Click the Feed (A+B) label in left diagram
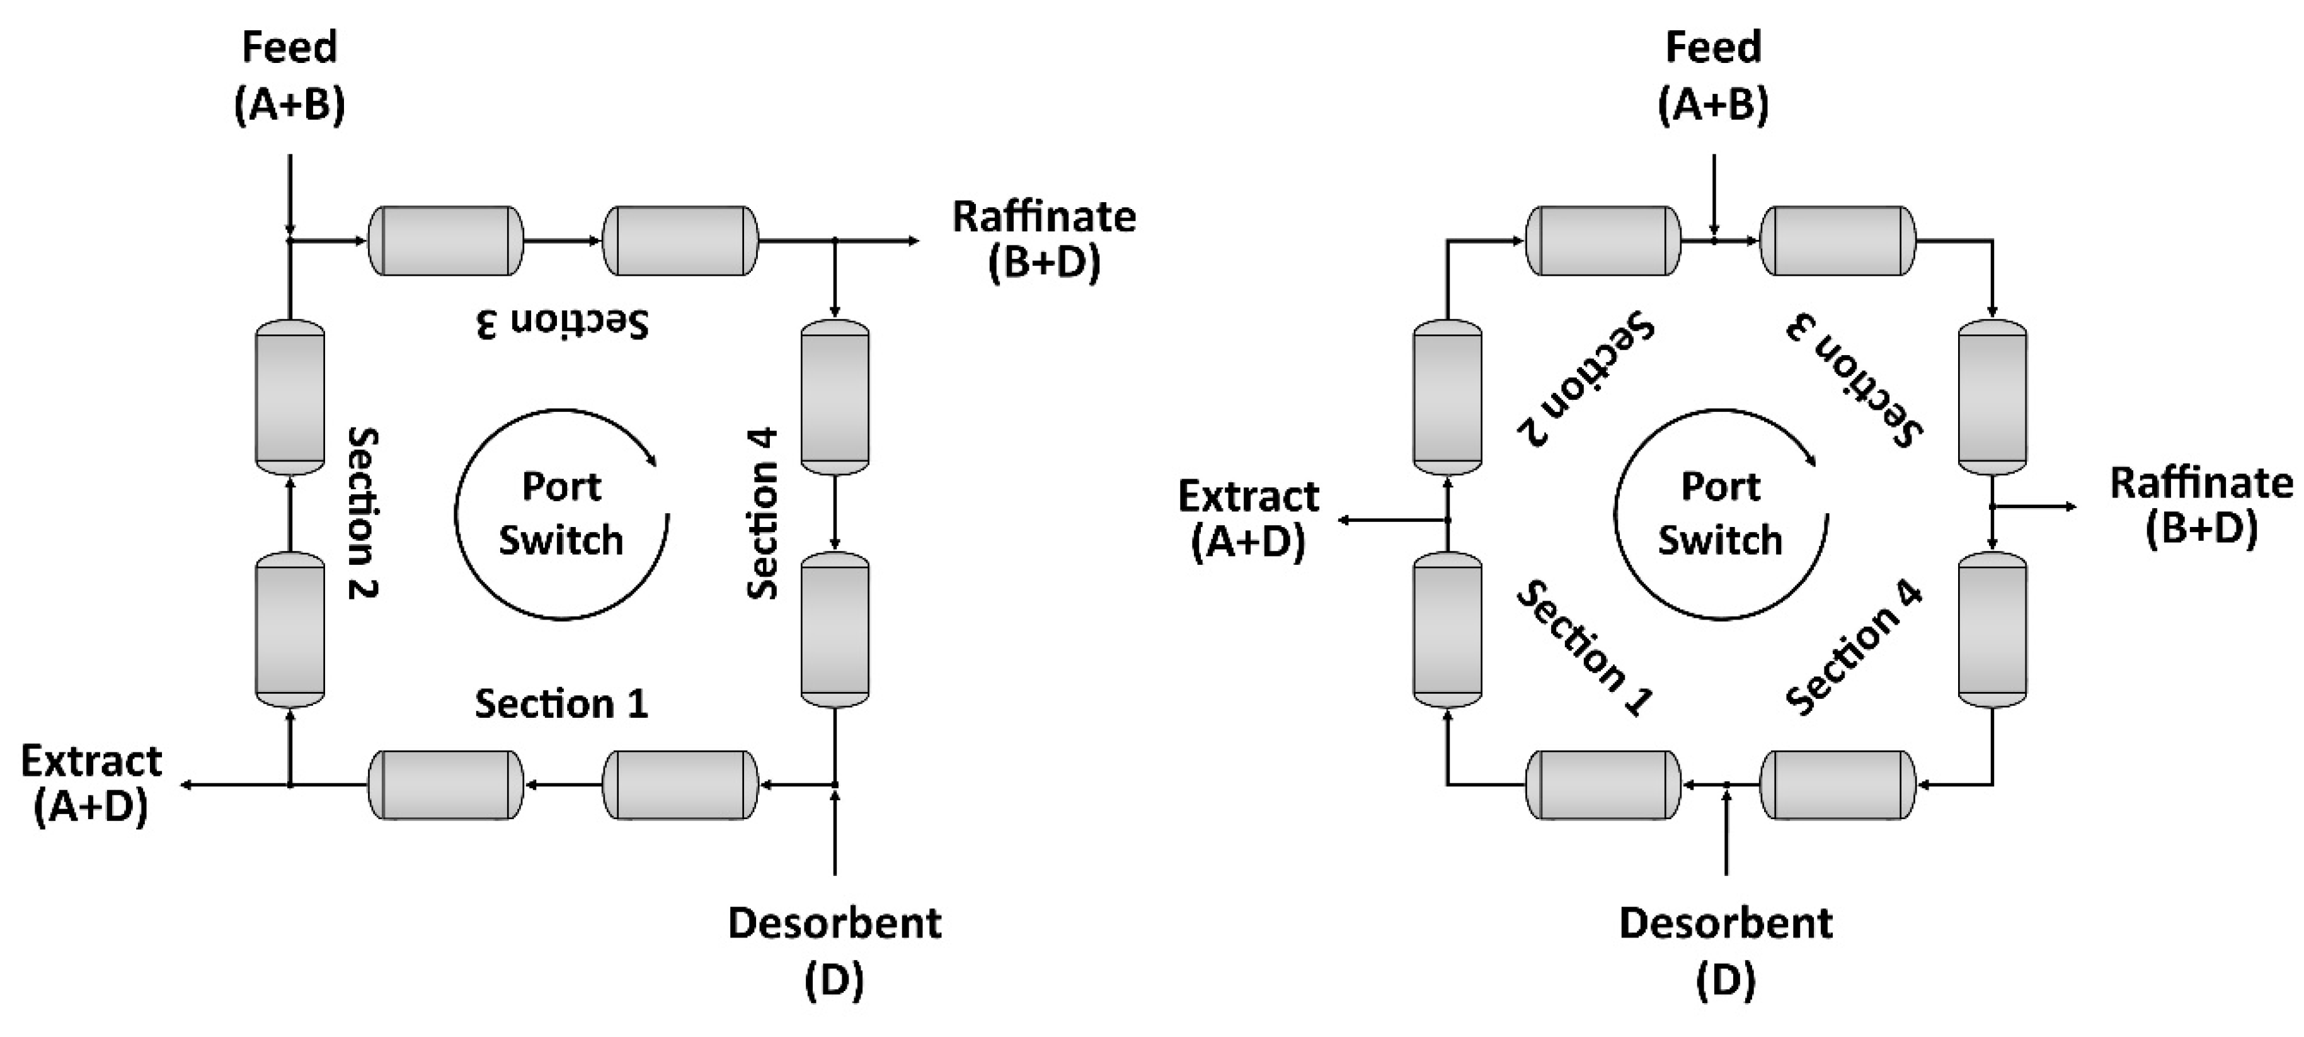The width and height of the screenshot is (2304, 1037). (289, 76)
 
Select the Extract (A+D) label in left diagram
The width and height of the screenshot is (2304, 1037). (91, 784)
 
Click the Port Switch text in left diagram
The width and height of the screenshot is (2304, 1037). (561, 514)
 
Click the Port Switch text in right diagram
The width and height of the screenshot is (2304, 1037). (1719, 514)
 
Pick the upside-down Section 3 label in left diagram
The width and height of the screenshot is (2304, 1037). (561, 324)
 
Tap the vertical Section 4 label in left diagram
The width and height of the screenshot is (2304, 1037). (762, 513)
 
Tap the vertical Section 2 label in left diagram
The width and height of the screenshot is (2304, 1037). (363, 513)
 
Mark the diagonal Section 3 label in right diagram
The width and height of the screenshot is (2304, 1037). (1855, 379)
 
